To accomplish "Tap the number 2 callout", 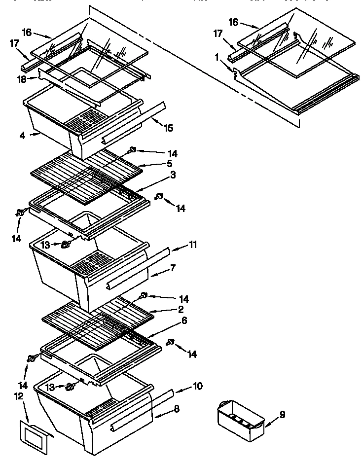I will pos(181,309).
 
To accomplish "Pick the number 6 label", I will pos(184,320).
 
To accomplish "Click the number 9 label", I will pos(282,415).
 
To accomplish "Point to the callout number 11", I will pos(193,245).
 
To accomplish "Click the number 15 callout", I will pos(169,128).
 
